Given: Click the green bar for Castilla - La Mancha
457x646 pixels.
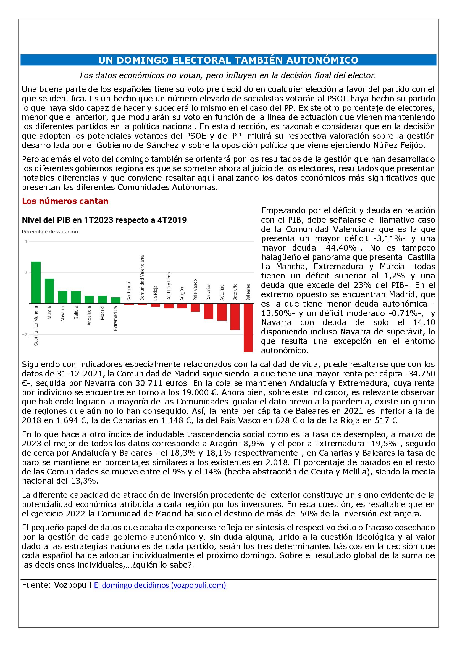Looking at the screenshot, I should (x=36, y=282).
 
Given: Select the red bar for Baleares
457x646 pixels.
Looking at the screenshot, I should (x=248, y=327).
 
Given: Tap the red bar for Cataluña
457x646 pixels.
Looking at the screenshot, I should (x=235, y=317).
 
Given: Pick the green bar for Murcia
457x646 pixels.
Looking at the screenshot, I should (x=49, y=291).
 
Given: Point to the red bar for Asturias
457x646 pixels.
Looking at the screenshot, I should (x=222, y=312).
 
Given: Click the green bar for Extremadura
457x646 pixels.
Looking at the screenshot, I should (x=116, y=300).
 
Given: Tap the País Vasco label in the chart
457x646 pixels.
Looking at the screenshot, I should (x=195, y=289).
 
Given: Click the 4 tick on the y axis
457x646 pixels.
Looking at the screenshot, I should (x=26, y=241).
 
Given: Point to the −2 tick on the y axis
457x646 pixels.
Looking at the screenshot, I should (x=25, y=335).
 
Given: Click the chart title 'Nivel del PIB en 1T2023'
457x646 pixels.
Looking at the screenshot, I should (x=104, y=220).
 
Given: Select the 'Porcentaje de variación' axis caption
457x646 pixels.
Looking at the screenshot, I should (x=50, y=232).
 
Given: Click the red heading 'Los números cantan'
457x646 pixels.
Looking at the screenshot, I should (x=65, y=201).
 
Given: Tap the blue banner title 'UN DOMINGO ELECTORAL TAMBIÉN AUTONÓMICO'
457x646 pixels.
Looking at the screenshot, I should (x=228, y=60).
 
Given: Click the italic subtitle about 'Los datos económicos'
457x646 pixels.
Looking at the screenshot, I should (x=228, y=75).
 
